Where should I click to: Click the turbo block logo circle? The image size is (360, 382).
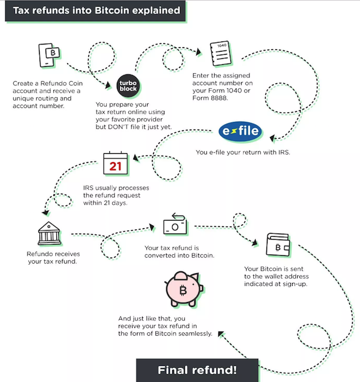(x=128, y=86)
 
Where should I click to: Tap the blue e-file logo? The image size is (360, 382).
(x=240, y=131)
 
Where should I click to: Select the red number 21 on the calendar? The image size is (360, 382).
(x=115, y=166)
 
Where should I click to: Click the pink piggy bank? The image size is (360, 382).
(x=184, y=289)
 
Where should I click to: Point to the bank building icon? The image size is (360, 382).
(x=49, y=233)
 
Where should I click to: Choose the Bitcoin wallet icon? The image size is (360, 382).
(x=278, y=244)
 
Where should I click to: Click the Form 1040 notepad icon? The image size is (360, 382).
(x=221, y=53)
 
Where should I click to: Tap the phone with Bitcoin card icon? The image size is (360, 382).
(x=49, y=55)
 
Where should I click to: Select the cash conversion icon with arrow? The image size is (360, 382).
(x=175, y=224)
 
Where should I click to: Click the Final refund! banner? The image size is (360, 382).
(x=197, y=370)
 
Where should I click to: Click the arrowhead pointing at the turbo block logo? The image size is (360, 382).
(x=107, y=85)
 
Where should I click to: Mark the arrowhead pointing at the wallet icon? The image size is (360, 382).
(x=254, y=243)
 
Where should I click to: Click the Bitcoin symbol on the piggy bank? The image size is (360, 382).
(x=183, y=290)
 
